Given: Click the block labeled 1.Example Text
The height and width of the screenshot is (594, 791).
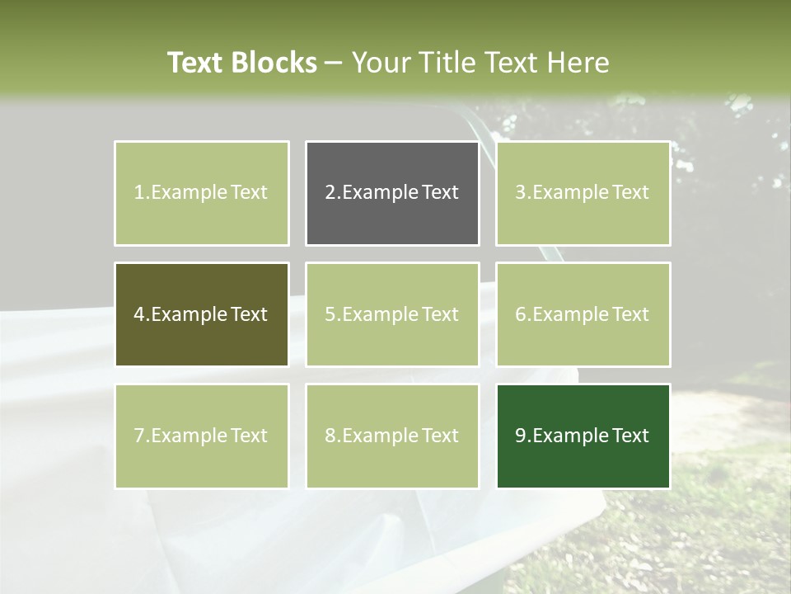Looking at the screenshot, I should pyautogui.click(x=201, y=193).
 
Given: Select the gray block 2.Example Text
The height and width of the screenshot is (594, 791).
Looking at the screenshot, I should pyautogui.click(x=392, y=193).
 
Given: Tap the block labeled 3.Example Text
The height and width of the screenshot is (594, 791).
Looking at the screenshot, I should pyautogui.click(x=583, y=193).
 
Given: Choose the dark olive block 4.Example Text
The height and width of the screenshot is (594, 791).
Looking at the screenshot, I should pyautogui.click(x=201, y=314).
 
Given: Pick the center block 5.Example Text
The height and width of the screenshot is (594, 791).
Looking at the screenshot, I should pyautogui.click(x=392, y=314).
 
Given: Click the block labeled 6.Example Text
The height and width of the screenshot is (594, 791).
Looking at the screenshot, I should pyautogui.click(x=583, y=314).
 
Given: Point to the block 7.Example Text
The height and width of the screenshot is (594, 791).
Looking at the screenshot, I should pyautogui.click(x=201, y=436).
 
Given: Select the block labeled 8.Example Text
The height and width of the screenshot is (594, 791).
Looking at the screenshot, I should pyautogui.click(x=392, y=436).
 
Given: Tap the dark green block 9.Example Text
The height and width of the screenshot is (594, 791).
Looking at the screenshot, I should pyautogui.click(x=583, y=436).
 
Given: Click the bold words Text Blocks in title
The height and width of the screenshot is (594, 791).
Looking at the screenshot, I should pyautogui.click(x=242, y=63).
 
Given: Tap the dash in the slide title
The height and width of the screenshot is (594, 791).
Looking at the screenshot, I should pyautogui.click(x=334, y=63).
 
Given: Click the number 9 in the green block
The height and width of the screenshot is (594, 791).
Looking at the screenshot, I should pyautogui.click(x=520, y=436).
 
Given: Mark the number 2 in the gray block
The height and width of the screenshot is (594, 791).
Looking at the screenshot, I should pyautogui.click(x=330, y=193).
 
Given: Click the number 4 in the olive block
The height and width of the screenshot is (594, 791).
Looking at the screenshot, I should pyautogui.click(x=139, y=314).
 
